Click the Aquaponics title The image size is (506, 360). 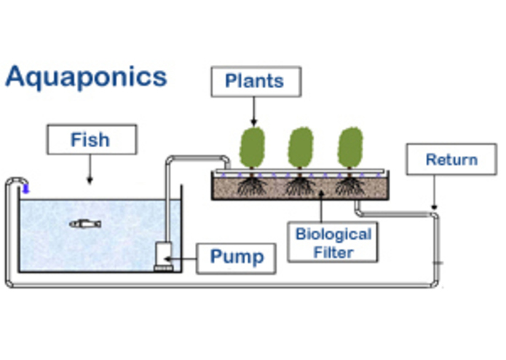[86, 76]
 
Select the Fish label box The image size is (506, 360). [90, 139]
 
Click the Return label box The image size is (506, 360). [451, 160]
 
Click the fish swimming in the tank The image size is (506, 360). [84, 223]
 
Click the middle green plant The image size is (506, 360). [301, 148]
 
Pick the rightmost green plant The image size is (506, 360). [349, 148]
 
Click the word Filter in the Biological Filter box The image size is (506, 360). [333, 253]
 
